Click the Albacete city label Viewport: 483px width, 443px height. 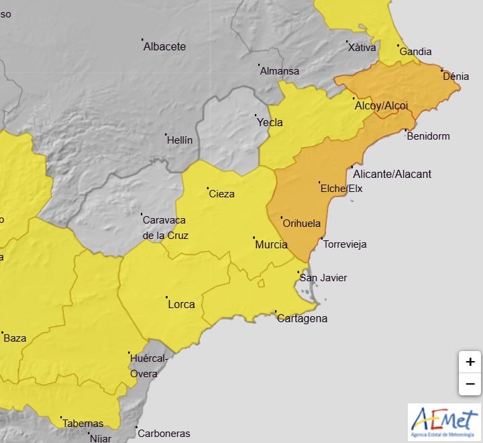tap(164, 47)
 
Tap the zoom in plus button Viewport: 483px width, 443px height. tap(470, 362)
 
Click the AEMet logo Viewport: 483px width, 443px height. tap(444, 422)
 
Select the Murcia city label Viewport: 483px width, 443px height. tap(272, 245)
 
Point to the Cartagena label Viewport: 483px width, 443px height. tap(302, 318)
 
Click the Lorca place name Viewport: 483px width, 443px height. tap(181, 304)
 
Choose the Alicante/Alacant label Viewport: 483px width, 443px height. tap(392, 174)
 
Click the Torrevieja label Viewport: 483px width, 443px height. tap(345, 244)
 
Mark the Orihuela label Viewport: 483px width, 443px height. tap(302, 224)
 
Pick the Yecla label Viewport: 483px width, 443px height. tap(270, 123)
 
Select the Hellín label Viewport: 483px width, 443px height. tap(179, 140)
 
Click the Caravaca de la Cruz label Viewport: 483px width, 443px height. tap(165, 227)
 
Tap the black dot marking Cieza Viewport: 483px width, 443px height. tap(207, 188)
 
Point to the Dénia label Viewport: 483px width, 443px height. tap(456, 77)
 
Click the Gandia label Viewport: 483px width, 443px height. tap(415, 52)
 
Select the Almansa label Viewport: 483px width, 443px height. tap(280, 71)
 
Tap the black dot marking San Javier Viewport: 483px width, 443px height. tap(298, 272)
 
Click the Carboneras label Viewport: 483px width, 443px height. tap(164, 434)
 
